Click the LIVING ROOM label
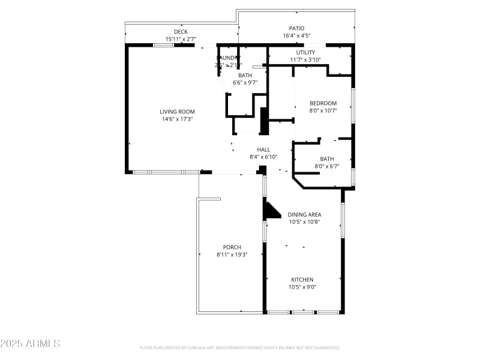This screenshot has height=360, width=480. [x=177, y=112]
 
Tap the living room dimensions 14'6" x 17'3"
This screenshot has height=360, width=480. [x=177, y=119]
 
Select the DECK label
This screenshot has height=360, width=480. [x=181, y=32]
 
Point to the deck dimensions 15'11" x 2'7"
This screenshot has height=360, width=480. [x=181, y=39]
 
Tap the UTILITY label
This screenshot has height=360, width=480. [x=305, y=52]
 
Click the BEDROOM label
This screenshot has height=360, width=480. [x=323, y=103]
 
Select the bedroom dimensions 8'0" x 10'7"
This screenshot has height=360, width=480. [x=323, y=110]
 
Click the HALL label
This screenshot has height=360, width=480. [x=263, y=150]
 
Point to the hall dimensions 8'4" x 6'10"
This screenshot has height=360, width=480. [x=263, y=157]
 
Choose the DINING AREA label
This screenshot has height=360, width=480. [x=304, y=214]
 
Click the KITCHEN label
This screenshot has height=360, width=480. [x=302, y=280]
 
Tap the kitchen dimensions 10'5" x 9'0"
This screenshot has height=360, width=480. [x=302, y=287]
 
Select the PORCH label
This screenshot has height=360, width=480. [x=232, y=247]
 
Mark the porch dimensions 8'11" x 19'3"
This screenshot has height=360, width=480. [x=232, y=254]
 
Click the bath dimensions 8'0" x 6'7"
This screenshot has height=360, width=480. [x=326, y=166]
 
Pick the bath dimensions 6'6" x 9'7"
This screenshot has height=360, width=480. [x=245, y=82]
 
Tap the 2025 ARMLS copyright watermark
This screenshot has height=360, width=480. [x=31, y=344]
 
